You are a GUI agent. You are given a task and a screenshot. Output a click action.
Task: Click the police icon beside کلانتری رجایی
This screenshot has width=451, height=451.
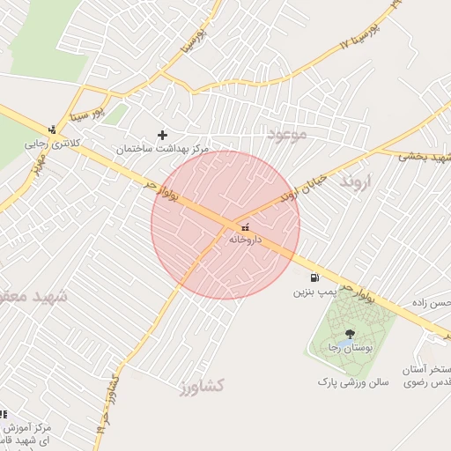[52, 129]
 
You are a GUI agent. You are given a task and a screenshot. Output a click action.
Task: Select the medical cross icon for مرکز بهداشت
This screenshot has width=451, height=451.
[162, 135]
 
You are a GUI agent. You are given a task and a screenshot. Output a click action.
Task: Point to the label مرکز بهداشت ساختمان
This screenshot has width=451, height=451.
[163, 150]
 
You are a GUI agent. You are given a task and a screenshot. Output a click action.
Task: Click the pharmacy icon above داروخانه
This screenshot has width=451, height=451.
[245, 227]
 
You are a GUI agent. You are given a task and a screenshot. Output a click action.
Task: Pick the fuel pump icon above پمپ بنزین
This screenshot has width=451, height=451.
[314, 277]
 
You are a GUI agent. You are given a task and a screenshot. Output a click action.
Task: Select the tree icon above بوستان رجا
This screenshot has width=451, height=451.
[351, 333]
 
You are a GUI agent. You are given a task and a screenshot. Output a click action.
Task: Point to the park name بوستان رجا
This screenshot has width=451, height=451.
[346, 349]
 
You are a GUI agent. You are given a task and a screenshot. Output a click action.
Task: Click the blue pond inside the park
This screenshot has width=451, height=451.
[339, 344]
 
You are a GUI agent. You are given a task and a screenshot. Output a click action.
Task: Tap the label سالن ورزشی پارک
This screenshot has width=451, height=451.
[353, 383]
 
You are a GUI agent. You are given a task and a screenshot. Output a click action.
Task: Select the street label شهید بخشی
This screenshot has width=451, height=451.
[424, 156]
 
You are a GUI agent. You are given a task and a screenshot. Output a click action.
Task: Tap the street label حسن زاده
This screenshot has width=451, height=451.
[430, 303]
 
